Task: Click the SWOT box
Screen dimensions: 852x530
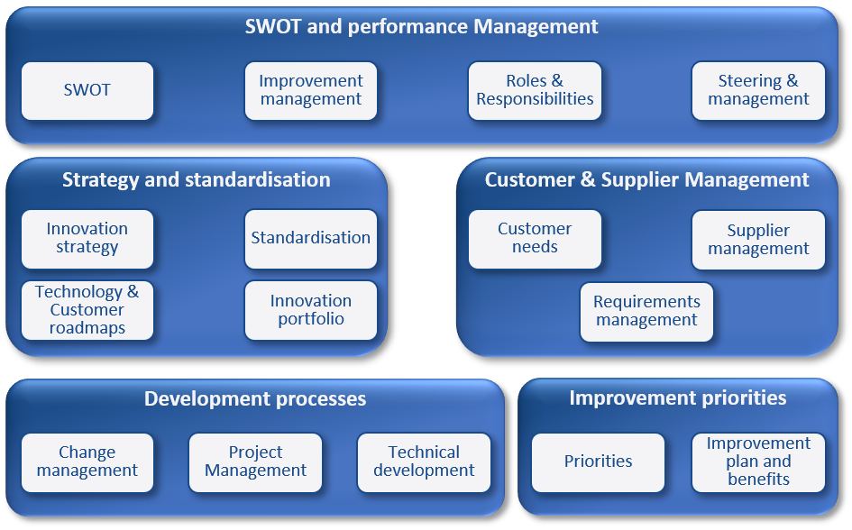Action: click(87, 91)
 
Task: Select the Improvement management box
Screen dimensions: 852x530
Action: click(311, 91)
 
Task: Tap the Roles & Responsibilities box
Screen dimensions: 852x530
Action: click(535, 91)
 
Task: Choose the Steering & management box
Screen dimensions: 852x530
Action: click(758, 91)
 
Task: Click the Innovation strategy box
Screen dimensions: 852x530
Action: click(87, 239)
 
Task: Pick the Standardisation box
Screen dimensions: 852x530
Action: click(311, 239)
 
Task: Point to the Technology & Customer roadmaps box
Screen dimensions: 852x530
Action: click(87, 310)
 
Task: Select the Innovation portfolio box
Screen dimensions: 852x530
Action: click(311, 310)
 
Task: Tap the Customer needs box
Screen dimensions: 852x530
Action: click(535, 239)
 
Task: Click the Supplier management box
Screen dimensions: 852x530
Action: click(758, 240)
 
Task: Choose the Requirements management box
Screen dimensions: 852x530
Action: click(646, 312)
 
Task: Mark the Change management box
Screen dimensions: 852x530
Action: click(87, 462)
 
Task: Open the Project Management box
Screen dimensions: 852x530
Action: click(255, 462)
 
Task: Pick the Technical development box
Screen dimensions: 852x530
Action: click(424, 462)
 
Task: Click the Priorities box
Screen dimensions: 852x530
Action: click(598, 462)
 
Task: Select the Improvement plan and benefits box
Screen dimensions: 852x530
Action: click(758, 462)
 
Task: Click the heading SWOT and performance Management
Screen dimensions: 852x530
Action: click(421, 27)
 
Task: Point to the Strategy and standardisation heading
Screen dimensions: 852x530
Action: click(197, 179)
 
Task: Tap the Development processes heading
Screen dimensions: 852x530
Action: click(255, 399)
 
